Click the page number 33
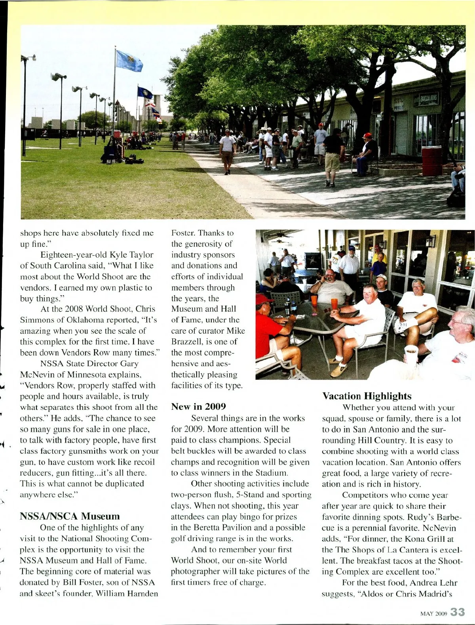(457, 612)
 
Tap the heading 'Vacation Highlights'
(367, 396)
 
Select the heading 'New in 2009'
(198, 406)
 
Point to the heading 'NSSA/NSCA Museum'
(70, 516)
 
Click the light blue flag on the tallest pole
(129, 61)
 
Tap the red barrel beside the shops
(431, 161)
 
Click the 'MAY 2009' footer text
(433, 614)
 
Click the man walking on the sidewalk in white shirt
(227, 151)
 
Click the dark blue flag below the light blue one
(145, 93)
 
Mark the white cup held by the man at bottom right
(411, 354)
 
